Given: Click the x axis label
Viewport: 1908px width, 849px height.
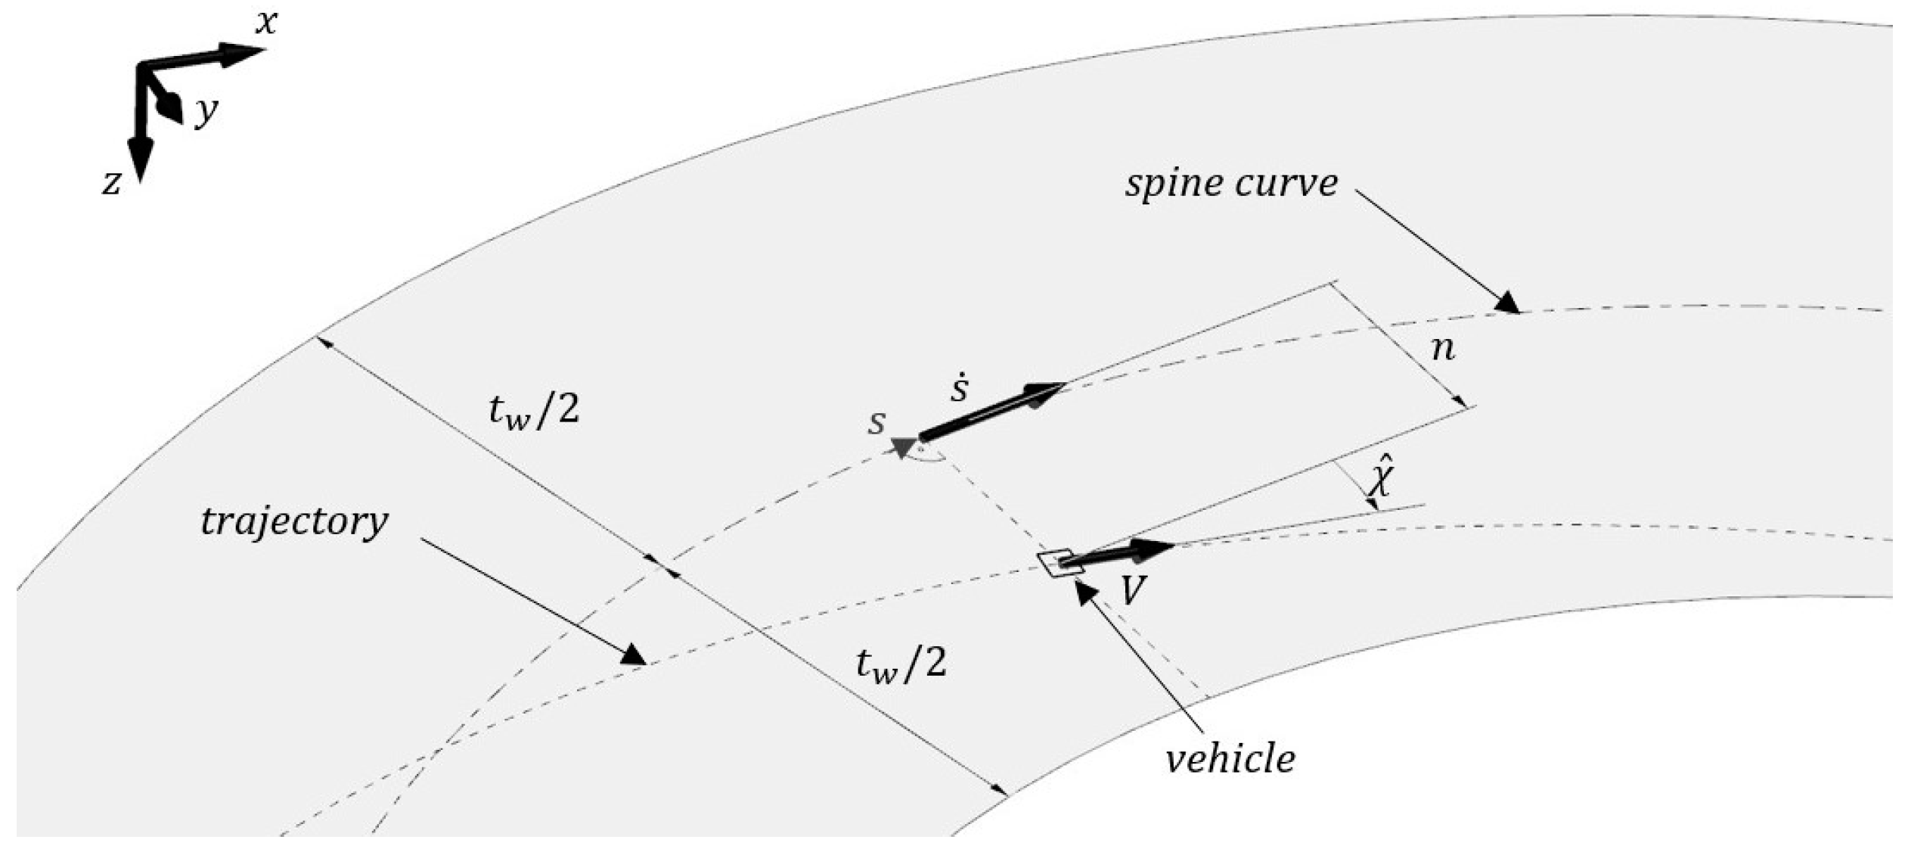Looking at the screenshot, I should (265, 23).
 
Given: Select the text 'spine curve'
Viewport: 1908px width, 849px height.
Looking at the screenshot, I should (1230, 183).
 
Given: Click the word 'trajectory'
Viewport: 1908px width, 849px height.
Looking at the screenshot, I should (294, 521).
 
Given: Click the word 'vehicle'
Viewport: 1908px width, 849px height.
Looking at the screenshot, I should (1230, 758).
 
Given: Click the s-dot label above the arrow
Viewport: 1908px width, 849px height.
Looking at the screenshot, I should (959, 389).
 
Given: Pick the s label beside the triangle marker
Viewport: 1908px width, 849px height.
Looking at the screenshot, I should (876, 422).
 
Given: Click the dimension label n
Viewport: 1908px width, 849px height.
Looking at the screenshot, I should (1443, 349).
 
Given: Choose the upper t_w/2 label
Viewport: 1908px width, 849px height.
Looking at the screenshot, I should (534, 412).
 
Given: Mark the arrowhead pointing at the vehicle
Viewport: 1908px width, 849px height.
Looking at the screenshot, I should (1087, 596).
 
